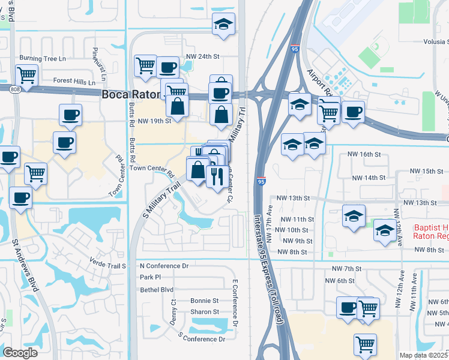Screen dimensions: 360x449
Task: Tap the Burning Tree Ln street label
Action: pos(42,58)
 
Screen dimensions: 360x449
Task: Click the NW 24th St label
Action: pos(203,56)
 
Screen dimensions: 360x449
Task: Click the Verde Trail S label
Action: pos(107,265)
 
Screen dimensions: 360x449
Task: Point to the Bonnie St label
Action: pos(204,301)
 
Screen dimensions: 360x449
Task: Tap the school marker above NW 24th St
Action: pos(223,24)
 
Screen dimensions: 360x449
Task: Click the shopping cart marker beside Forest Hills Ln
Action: pos(26,76)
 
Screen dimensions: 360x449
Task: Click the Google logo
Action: pos(20,353)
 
